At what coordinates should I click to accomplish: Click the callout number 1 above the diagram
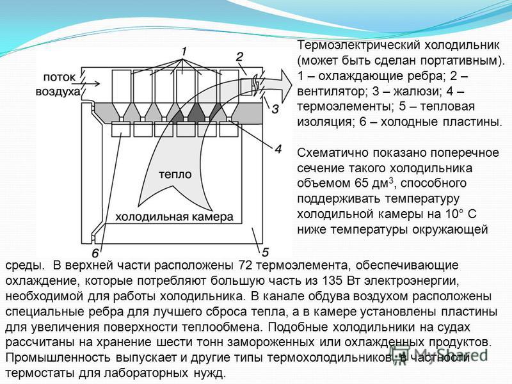coord(184,52)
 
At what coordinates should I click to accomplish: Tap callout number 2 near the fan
coord(239,57)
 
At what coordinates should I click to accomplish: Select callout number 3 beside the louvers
coord(275,109)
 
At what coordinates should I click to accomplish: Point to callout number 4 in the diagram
coord(278,149)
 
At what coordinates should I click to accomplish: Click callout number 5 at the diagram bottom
coord(265,252)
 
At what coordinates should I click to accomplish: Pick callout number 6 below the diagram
coord(95,253)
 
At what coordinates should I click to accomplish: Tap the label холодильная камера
coord(175,217)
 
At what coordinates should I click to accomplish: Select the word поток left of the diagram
coord(59,77)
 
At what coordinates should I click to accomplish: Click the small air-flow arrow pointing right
coord(92,84)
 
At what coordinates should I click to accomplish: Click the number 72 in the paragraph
coord(246,265)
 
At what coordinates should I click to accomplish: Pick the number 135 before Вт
coord(332,280)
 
